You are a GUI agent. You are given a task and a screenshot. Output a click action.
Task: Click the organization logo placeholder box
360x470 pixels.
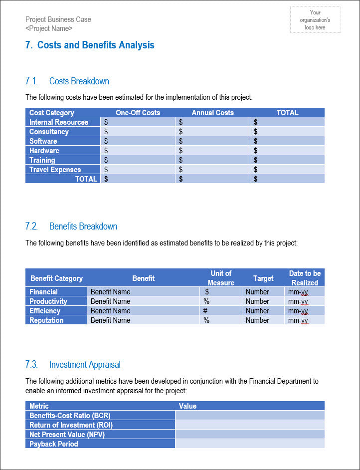(x=315, y=20)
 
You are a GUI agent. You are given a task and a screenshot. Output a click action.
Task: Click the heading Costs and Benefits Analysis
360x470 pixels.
(x=90, y=45)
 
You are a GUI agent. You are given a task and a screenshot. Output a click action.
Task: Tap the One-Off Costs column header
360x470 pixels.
(x=138, y=113)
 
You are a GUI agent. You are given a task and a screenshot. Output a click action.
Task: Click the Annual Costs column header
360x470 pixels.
(x=212, y=113)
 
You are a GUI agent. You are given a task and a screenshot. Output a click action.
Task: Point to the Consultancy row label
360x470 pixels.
(x=49, y=132)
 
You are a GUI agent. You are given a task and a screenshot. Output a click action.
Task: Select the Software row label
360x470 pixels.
(x=43, y=141)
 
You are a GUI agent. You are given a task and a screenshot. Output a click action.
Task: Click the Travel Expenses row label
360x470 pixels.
(x=55, y=170)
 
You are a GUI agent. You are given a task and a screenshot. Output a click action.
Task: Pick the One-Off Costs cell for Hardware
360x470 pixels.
(x=138, y=151)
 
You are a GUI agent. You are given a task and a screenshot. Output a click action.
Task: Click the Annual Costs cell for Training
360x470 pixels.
(x=212, y=160)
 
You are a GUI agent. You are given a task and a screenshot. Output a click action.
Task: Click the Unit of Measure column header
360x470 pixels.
(x=221, y=278)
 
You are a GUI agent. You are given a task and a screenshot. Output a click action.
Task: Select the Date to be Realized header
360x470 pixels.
(x=305, y=278)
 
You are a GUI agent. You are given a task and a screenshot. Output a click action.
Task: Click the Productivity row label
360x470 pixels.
(x=48, y=301)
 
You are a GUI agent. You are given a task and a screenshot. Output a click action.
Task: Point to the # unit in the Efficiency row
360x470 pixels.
(x=205, y=311)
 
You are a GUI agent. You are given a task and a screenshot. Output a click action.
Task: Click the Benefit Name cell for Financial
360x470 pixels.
(x=143, y=292)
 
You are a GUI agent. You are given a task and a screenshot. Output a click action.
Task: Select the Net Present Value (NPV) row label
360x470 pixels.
(x=67, y=435)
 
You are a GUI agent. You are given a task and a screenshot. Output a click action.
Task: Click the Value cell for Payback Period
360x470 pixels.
(x=249, y=444)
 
